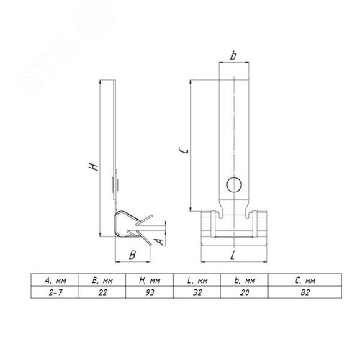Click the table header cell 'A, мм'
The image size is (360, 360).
(x=55, y=279)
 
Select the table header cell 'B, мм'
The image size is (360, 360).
(x=102, y=279)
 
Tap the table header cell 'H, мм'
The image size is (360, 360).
(x=149, y=279)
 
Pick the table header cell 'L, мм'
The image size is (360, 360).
(x=197, y=279)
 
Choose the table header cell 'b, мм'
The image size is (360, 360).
(x=244, y=279)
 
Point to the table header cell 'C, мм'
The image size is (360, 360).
(x=305, y=279)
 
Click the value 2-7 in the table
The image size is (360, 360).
(x=55, y=292)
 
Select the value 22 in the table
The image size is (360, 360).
(x=102, y=292)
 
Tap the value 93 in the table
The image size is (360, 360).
(x=150, y=292)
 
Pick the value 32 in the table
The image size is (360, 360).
(x=197, y=292)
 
